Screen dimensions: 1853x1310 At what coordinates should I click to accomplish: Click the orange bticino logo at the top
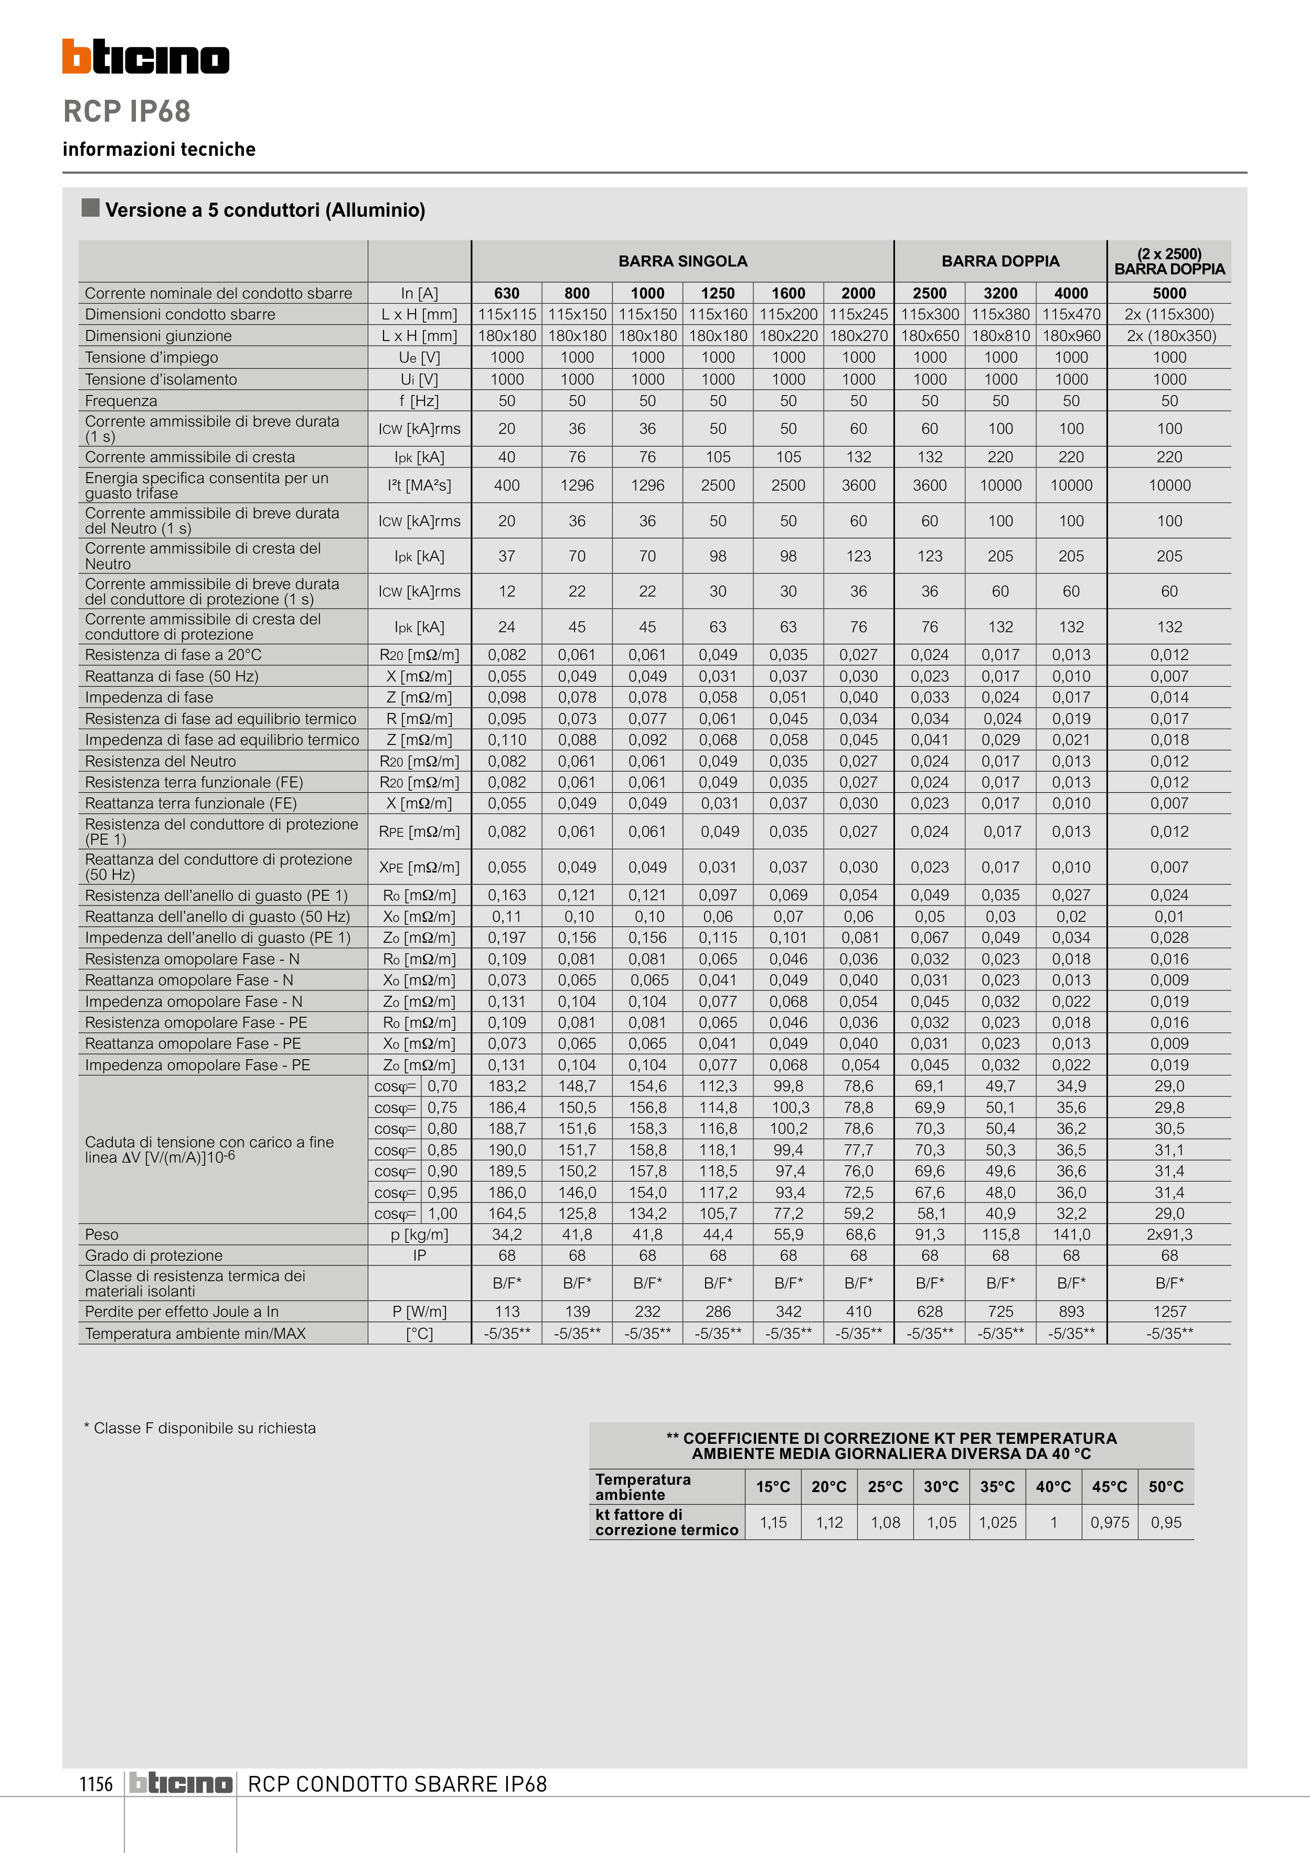145,57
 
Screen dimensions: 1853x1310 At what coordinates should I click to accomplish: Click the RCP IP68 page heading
127,111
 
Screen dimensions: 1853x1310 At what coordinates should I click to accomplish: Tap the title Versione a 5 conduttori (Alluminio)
265,211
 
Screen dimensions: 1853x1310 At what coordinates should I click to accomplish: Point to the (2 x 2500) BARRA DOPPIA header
1169,261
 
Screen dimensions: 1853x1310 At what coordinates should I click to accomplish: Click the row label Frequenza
121,401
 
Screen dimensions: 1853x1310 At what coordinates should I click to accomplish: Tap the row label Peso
102,1235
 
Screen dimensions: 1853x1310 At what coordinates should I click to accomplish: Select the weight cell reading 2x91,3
1169,1235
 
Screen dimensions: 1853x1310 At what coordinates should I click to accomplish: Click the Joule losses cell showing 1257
1169,1312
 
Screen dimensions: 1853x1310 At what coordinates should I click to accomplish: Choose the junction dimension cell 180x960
1071,336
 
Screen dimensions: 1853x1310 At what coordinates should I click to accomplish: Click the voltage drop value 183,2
507,1087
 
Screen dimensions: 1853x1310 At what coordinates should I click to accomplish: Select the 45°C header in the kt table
1109,1487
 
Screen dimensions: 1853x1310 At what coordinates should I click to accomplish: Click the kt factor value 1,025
998,1523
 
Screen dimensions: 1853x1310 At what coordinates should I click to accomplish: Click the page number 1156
96,1784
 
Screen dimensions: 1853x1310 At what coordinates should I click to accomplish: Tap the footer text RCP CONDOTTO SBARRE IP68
397,1784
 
